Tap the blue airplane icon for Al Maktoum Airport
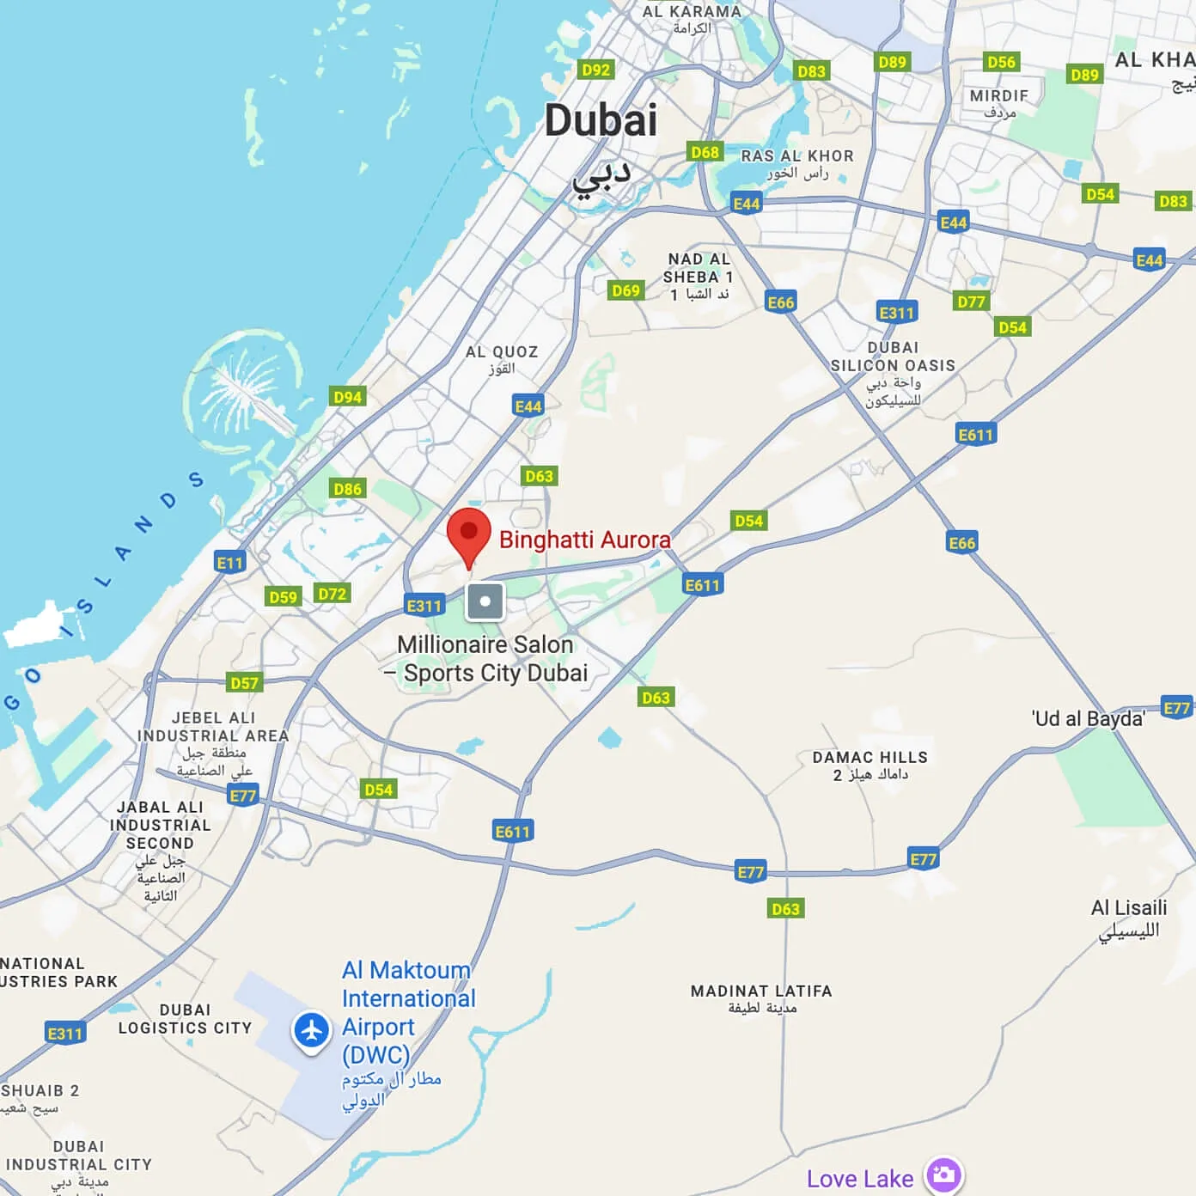[x=311, y=1029]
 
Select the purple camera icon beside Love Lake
[x=943, y=1175]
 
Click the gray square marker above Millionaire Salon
[x=485, y=601]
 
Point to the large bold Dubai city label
[x=601, y=120]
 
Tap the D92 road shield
[x=595, y=70]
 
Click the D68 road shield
[x=705, y=152]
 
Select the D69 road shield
[x=625, y=290]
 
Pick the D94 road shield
[x=347, y=396]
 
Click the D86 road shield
[x=347, y=489]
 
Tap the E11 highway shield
[x=229, y=563]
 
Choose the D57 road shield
[x=244, y=683]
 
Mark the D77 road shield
[x=971, y=302]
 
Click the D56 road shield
[x=1001, y=62]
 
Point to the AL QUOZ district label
[x=502, y=352]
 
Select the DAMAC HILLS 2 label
[x=870, y=766]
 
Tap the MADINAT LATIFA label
[x=761, y=992]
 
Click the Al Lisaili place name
[x=1128, y=908]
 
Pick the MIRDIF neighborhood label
[x=998, y=96]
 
